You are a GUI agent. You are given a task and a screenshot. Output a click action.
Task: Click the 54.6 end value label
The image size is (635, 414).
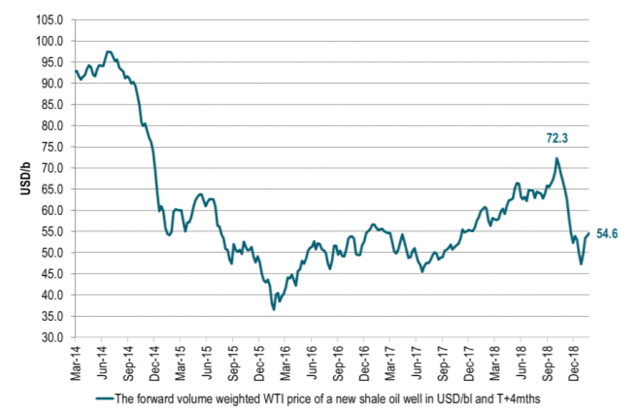pyautogui.click(x=607, y=233)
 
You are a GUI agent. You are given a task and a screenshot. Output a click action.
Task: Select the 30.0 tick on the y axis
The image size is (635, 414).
pyautogui.click(x=52, y=337)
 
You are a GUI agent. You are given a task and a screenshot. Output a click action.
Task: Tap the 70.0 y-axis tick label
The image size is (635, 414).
pyautogui.click(x=52, y=168)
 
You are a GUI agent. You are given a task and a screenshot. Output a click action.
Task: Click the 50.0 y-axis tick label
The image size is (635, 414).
pyautogui.click(x=52, y=253)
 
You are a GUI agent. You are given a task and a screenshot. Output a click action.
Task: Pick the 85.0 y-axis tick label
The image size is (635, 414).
pyautogui.click(x=52, y=105)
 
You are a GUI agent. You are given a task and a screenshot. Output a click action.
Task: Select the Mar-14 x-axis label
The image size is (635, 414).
pyautogui.click(x=76, y=359)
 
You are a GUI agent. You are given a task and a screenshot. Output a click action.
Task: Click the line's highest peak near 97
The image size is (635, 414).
pyautogui.click(x=108, y=52)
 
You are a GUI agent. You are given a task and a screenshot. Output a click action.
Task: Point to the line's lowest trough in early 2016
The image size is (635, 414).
pyautogui.click(x=274, y=309)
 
